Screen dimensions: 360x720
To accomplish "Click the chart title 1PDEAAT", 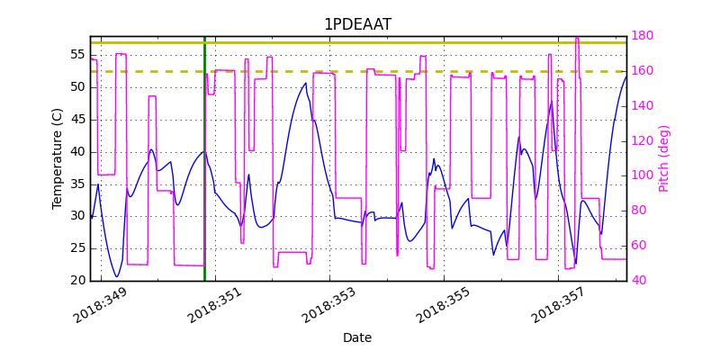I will (357, 24).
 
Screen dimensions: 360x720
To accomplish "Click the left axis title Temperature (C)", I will (58, 158).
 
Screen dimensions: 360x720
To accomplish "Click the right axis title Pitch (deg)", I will (664, 158).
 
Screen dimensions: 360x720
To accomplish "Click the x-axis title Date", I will (357, 337).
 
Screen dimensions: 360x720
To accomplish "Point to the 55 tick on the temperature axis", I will (77, 55).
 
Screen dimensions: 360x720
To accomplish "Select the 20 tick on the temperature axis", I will (77, 281).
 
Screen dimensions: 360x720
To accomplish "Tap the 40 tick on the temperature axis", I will (77, 152).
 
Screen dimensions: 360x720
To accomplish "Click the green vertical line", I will (204, 225).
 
